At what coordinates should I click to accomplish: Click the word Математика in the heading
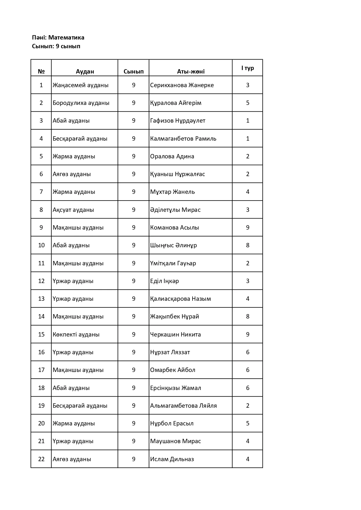66,37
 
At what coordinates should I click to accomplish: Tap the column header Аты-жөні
191,71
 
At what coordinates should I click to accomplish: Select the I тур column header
248,68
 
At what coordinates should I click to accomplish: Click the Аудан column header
85,71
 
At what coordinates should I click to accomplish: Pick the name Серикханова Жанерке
182,85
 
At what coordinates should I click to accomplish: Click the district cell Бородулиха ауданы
81,103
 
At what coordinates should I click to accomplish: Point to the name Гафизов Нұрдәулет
178,121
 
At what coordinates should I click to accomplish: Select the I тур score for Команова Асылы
248,228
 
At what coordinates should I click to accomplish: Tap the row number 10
41,245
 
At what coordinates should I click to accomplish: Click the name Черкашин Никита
175,334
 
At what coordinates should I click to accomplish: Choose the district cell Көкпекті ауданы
76,334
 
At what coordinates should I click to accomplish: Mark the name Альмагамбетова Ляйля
183,406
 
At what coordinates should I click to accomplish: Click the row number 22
41,459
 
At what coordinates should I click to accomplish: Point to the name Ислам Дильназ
172,459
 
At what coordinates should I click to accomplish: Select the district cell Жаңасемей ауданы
81,85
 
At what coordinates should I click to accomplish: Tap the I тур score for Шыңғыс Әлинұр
248,245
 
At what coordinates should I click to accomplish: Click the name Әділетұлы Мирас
175,210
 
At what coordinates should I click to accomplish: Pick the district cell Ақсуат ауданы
73,210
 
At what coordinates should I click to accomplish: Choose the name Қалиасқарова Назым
180,299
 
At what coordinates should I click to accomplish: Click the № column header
41,71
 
